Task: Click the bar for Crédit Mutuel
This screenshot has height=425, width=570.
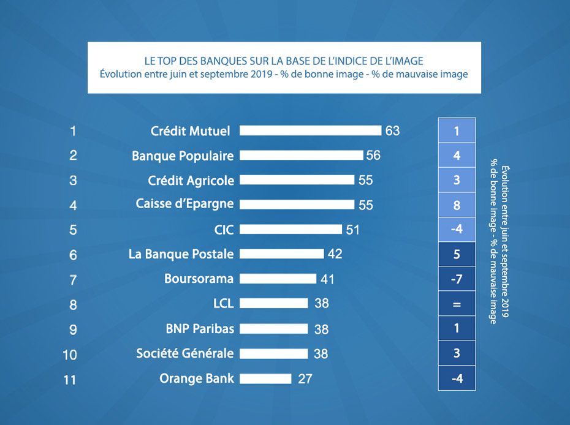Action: (x=310, y=130)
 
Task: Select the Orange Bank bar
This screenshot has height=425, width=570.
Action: (x=265, y=378)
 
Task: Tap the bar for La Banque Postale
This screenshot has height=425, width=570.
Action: (x=281, y=254)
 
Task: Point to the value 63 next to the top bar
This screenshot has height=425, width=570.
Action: (x=392, y=130)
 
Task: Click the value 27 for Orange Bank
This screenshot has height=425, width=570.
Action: (x=305, y=379)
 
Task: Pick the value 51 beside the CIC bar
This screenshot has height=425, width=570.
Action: (x=352, y=230)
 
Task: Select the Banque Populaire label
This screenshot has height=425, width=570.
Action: (x=183, y=156)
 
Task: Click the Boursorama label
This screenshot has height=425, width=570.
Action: (x=199, y=279)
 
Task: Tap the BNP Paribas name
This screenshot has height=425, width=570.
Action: (x=200, y=328)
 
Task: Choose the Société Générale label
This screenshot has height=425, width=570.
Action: (x=185, y=353)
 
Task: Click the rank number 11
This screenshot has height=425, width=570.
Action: (x=70, y=380)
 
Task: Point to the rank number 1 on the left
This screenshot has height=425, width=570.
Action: (x=73, y=130)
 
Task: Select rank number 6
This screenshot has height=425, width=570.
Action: (x=73, y=255)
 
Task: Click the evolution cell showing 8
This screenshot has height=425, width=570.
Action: (x=457, y=205)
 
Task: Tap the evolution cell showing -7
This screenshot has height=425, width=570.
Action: (x=457, y=279)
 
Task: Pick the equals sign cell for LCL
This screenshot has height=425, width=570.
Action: (x=457, y=304)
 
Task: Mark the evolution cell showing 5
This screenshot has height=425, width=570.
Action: (x=457, y=254)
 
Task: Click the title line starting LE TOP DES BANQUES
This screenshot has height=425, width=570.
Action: (x=284, y=61)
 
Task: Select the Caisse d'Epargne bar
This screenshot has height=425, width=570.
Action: (x=297, y=204)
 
